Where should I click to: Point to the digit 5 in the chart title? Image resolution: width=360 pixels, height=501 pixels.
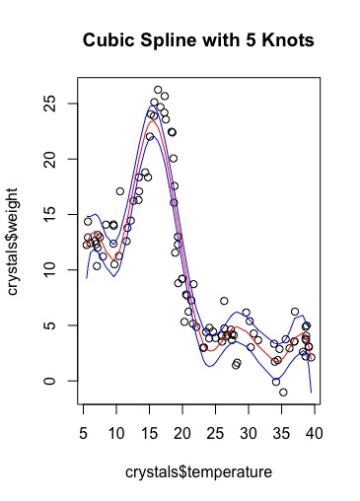point(233,42)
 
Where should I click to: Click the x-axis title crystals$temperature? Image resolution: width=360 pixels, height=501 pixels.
point(198,473)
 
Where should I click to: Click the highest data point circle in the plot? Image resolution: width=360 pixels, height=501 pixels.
point(158,90)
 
